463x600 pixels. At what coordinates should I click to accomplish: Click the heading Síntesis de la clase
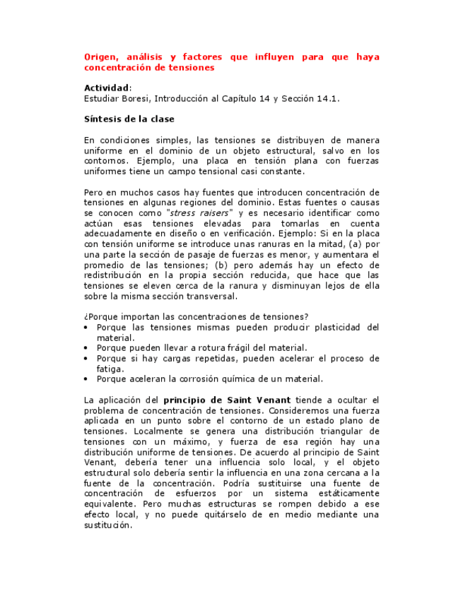click(129, 119)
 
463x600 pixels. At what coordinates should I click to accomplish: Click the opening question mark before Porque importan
click(86, 316)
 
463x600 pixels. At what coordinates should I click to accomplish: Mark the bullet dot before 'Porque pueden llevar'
click(87, 348)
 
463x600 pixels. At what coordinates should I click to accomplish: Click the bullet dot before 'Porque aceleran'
click(87, 379)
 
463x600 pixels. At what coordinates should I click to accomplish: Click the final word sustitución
click(107, 525)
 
